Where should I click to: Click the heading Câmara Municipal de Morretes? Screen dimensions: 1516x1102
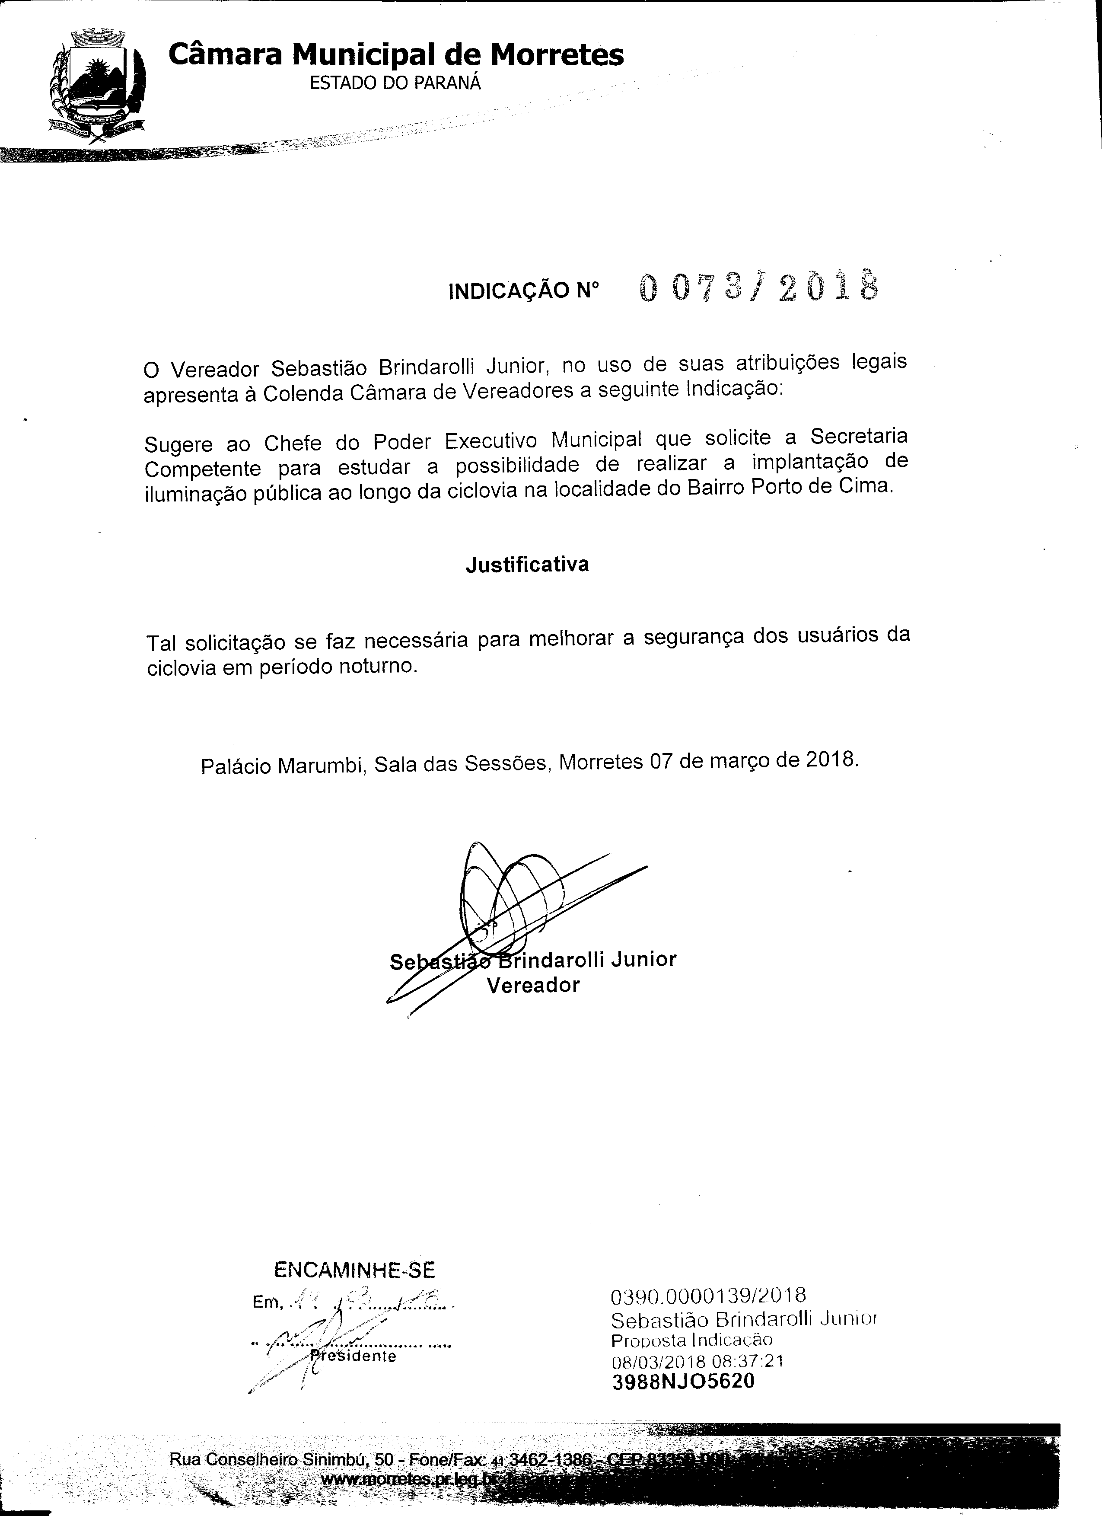click(395, 55)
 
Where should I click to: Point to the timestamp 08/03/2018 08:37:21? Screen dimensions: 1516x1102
click(697, 1361)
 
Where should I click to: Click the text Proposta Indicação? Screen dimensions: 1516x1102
click(692, 1340)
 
